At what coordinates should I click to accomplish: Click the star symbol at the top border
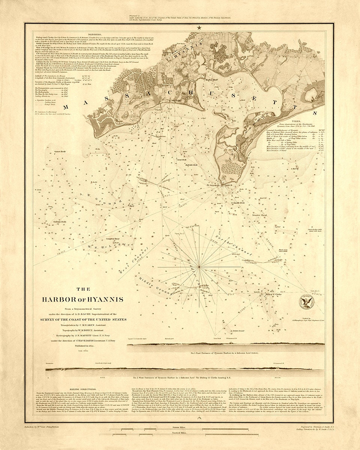click(199, 27)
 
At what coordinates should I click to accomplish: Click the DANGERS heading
click(90, 34)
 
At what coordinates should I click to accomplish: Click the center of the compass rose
click(199, 267)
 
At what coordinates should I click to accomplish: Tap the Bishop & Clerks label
click(284, 294)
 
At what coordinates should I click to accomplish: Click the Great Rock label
click(182, 160)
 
